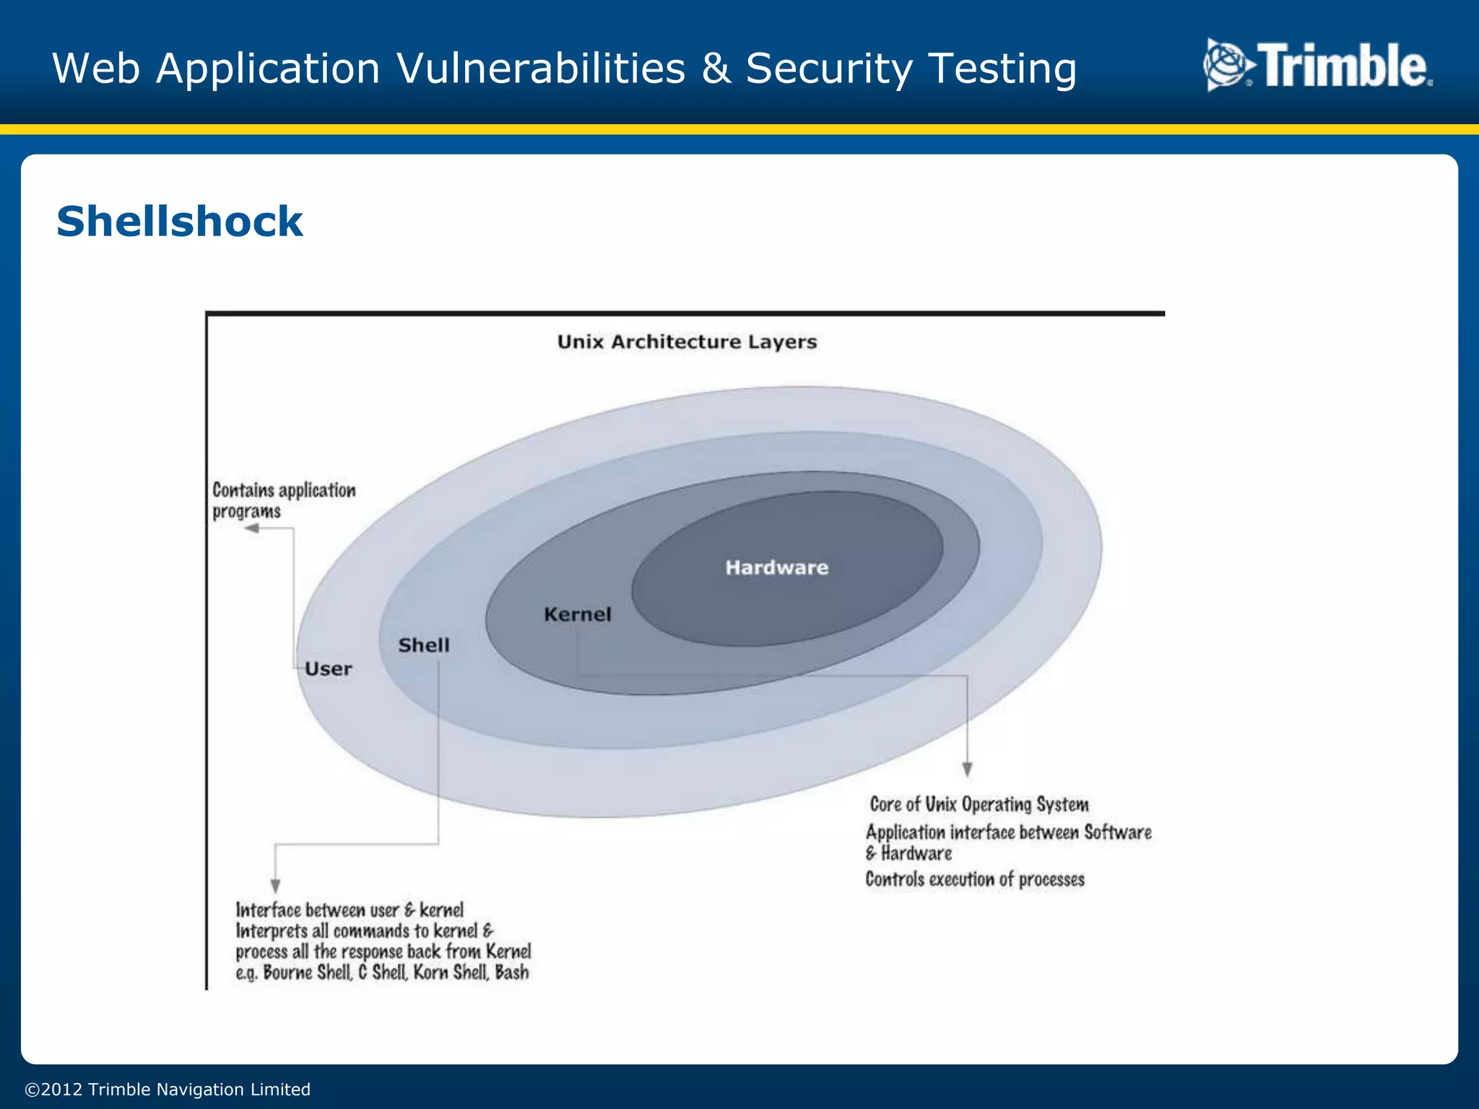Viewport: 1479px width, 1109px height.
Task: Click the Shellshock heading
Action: pyautogui.click(x=179, y=221)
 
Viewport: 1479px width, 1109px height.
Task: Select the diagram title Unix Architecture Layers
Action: pyautogui.click(x=687, y=342)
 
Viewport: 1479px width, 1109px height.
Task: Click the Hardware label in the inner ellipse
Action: pyautogui.click(x=776, y=567)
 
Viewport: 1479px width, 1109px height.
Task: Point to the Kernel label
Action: pyautogui.click(x=577, y=614)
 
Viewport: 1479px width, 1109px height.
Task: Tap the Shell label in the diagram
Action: pyautogui.click(x=424, y=645)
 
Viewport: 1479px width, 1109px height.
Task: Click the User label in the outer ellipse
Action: pyautogui.click(x=328, y=669)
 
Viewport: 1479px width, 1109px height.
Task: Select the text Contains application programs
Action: pyautogui.click(x=283, y=500)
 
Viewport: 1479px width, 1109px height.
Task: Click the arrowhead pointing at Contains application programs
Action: pyautogui.click(x=252, y=529)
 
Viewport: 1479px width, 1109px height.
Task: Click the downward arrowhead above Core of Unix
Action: pyautogui.click(x=967, y=769)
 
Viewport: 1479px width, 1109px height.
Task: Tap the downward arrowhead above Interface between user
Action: pyautogui.click(x=275, y=885)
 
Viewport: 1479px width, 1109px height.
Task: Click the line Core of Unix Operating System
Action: pyautogui.click(x=979, y=804)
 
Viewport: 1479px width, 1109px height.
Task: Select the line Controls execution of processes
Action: pyautogui.click(x=974, y=879)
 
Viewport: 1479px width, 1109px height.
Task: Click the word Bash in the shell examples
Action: pyautogui.click(x=512, y=973)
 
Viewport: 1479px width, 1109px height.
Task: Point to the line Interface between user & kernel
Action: pyautogui.click(x=350, y=910)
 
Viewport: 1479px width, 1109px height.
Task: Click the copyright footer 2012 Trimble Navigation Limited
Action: pyautogui.click(x=168, y=1090)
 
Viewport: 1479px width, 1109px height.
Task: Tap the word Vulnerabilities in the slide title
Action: pyautogui.click(x=541, y=69)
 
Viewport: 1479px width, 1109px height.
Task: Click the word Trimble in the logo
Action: pyautogui.click(x=1344, y=66)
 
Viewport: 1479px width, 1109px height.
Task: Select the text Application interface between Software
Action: pyautogui.click(x=1008, y=832)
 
